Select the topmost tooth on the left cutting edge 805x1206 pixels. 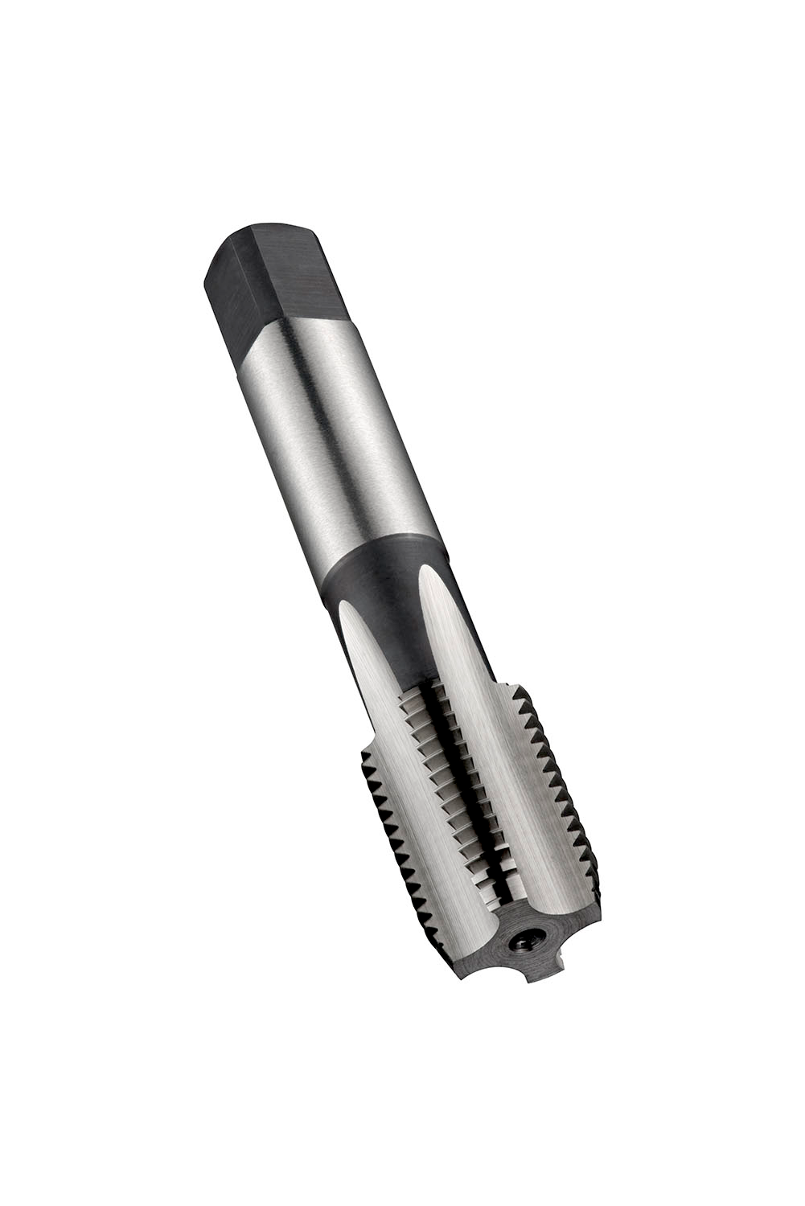[x=366, y=756]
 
